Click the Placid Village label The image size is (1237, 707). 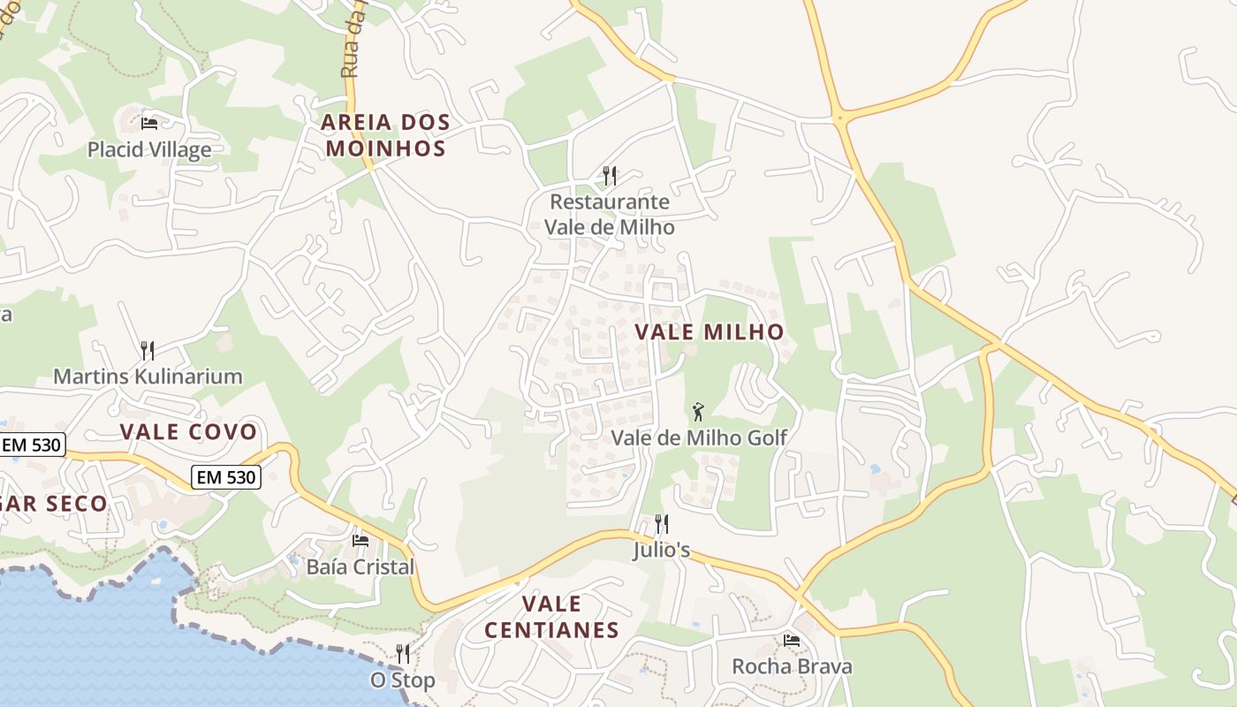(149, 149)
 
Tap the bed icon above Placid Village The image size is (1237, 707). (149, 123)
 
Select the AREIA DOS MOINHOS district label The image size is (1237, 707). (386, 135)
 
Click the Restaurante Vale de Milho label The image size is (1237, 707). (609, 215)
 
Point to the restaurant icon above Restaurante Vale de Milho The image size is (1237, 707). (609, 176)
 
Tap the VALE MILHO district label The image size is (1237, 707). (710, 332)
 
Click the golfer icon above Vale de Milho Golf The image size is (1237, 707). (698, 411)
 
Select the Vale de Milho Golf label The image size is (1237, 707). (699, 437)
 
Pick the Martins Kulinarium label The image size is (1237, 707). (148, 376)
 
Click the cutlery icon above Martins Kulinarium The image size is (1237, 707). (148, 351)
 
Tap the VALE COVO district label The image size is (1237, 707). (188, 432)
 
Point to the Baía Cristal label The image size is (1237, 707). (360, 566)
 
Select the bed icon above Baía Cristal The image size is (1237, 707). (360, 540)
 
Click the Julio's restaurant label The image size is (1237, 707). (661, 550)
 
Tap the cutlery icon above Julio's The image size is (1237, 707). (661, 524)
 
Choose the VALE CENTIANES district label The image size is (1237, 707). (551, 617)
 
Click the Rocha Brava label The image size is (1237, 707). (792, 666)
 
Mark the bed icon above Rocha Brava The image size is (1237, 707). (792, 640)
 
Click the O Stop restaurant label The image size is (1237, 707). (402, 680)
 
